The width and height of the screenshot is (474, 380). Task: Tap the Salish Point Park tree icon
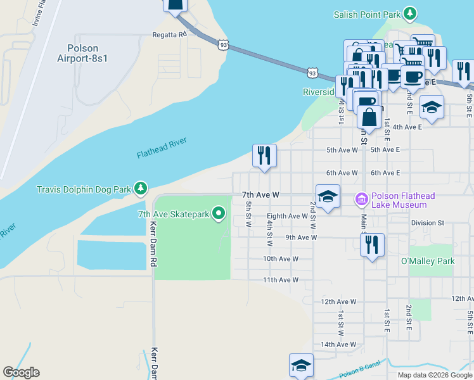pos(411,13)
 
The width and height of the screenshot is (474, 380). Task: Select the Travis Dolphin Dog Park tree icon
pos(140,189)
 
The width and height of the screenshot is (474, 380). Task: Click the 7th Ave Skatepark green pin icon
pos(219,214)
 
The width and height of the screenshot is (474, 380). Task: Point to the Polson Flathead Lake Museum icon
pos(361,200)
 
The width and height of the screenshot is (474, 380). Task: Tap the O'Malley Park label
pos(428,261)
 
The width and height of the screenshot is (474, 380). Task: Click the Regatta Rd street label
pos(169,35)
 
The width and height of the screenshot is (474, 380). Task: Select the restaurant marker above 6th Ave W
pos(264,155)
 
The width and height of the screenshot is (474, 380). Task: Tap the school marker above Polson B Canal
pos(301,365)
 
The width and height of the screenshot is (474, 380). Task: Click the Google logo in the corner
pos(21,372)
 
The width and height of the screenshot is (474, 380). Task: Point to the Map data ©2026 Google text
pos(435,375)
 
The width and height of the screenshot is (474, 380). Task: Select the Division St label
pos(428,223)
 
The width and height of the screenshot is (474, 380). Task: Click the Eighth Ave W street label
pos(287,216)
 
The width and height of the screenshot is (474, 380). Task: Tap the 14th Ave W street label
pos(338,345)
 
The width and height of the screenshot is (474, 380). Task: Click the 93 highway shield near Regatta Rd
pos(222,45)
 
